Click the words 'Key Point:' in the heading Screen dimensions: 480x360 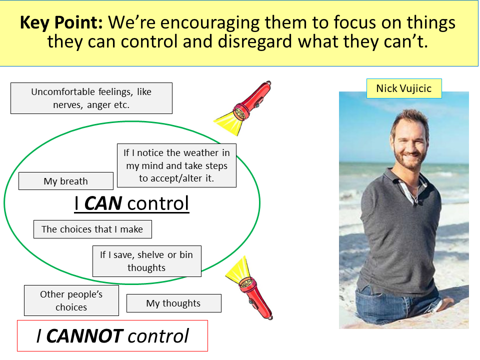[x=61, y=22]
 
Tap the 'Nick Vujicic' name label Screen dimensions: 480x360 [x=404, y=88]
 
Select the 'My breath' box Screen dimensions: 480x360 [x=66, y=181]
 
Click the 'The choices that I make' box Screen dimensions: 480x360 [x=92, y=229]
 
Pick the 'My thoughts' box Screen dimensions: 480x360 [x=173, y=303]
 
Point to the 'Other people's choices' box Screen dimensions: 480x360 [x=71, y=300]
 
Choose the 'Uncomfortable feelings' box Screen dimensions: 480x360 [x=91, y=98]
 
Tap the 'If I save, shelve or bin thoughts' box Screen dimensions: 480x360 [x=146, y=261]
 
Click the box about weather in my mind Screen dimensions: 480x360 [x=176, y=165]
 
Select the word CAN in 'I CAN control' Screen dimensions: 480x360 [x=103, y=203]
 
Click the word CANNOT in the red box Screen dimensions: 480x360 [x=85, y=336]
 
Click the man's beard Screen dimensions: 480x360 [x=407, y=159]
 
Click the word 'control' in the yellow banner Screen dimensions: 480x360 [x=149, y=41]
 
